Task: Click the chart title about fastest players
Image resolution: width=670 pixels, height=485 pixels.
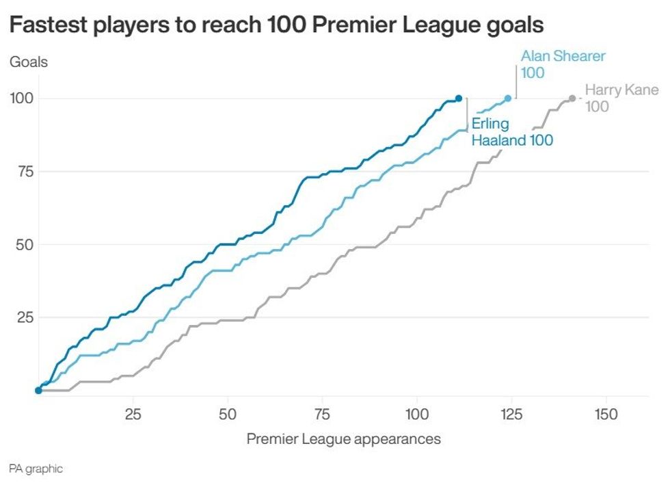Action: pyautogui.click(x=276, y=25)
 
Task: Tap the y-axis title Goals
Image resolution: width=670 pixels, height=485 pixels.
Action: pyautogui.click(x=28, y=62)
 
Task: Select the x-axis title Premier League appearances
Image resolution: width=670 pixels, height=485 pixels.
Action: pyautogui.click(x=343, y=439)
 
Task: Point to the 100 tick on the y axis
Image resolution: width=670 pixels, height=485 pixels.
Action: pyautogui.click(x=21, y=99)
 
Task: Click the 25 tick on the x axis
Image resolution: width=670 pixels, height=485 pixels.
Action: pyautogui.click(x=133, y=415)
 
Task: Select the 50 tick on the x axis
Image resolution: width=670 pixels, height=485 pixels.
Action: pyautogui.click(x=228, y=415)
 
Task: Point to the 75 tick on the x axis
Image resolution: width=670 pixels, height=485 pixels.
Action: pyautogui.click(x=322, y=415)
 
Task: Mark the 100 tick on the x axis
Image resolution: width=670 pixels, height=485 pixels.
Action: pyautogui.click(x=417, y=415)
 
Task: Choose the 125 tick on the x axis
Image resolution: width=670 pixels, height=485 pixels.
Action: pyautogui.click(x=511, y=415)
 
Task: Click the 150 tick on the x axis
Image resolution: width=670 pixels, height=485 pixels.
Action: pyautogui.click(x=606, y=415)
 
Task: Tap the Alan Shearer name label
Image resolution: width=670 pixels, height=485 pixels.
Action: pyautogui.click(x=563, y=56)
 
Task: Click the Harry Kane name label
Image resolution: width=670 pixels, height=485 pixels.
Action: pyautogui.click(x=621, y=90)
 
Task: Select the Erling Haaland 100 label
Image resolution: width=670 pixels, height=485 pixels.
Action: pyautogui.click(x=511, y=132)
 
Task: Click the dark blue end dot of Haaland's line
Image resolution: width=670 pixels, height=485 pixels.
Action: pyautogui.click(x=459, y=99)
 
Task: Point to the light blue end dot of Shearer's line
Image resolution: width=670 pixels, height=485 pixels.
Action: pyautogui.click(x=508, y=99)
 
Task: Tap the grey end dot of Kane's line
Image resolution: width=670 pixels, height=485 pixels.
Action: pyautogui.click(x=572, y=99)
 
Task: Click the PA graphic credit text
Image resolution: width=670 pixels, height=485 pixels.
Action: pyautogui.click(x=36, y=469)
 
